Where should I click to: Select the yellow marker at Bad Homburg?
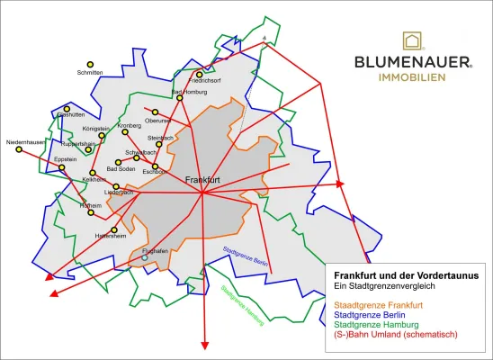pyautogui.click(x=180, y=98)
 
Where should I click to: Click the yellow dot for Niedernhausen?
pyautogui.click(x=19, y=149)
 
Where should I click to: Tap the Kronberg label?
pyautogui.click(x=130, y=125)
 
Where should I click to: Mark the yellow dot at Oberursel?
pyautogui.click(x=155, y=112)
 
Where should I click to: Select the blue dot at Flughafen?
pyautogui.click(x=145, y=258)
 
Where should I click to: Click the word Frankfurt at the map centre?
pyautogui.click(x=202, y=181)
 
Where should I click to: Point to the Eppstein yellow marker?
pyautogui.click(x=62, y=167)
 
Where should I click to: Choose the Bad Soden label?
pyautogui.click(x=121, y=168)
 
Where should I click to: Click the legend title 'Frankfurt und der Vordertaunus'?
pyautogui.click(x=406, y=275)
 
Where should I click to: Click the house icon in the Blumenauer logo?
pyautogui.click(x=413, y=40)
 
